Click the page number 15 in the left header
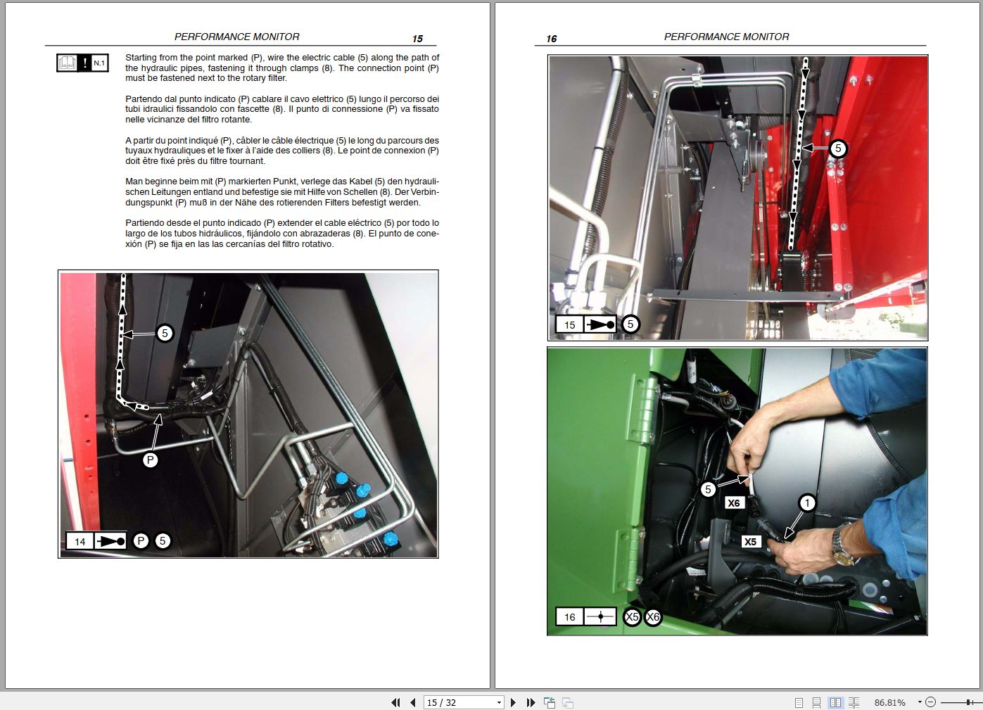pyautogui.click(x=417, y=39)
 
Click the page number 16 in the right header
pyautogui.click(x=551, y=39)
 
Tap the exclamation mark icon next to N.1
pyautogui.click(x=84, y=63)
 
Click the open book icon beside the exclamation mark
pyautogui.click(x=67, y=63)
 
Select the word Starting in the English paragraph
pyautogui.click(x=141, y=58)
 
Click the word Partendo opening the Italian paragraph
pyautogui.click(x=144, y=99)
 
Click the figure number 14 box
pyautogui.click(x=80, y=541)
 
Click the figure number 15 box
pyautogui.click(x=569, y=324)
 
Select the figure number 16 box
pyautogui.click(x=569, y=617)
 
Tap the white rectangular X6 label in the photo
pyautogui.click(x=733, y=503)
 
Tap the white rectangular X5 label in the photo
pyautogui.click(x=750, y=542)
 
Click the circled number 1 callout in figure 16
pyautogui.click(x=807, y=502)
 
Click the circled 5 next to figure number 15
pyautogui.click(x=630, y=324)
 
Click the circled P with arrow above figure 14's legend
pyautogui.click(x=150, y=460)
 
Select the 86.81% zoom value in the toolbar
pyautogui.click(x=889, y=702)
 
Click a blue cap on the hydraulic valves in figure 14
pyautogui.click(x=342, y=479)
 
